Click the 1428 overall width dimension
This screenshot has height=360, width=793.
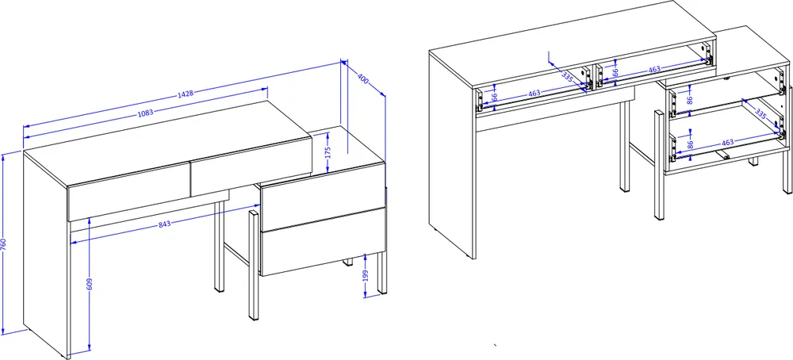[x=185, y=94]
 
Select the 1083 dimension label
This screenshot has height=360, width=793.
[x=146, y=113]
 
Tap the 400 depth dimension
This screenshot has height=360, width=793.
[x=362, y=78]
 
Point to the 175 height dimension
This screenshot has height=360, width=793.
[x=328, y=151]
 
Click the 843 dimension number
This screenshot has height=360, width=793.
[x=165, y=224]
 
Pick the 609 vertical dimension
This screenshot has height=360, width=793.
[x=89, y=284]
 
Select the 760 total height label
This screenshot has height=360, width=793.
[x=3, y=244]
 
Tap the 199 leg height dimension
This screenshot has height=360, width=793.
[x=366, y=276]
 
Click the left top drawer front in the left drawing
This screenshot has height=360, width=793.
[x=129, y=191]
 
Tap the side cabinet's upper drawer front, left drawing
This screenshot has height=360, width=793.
[x=323, y=197]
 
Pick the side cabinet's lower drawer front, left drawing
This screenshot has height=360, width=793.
[x=323, y=242]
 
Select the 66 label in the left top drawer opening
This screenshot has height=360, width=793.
[x=495, y=96]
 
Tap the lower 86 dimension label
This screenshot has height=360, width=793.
[x=690, y=144]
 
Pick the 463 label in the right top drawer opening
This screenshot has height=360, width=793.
[x=654, y=70]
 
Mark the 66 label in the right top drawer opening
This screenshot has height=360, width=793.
[x=615, y=72]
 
